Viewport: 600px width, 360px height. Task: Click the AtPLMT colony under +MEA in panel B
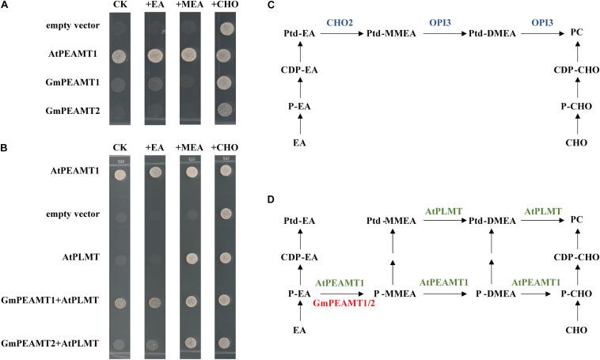point(191,258)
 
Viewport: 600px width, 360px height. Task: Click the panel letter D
point(271,199)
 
